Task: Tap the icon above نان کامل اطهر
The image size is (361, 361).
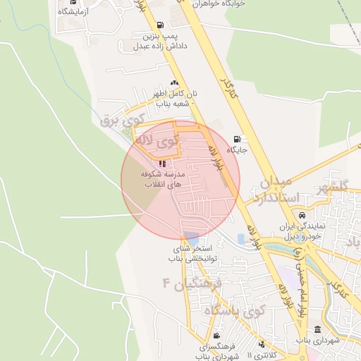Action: pyautogui.click(x=173, y=82)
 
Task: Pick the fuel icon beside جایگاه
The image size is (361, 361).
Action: pyautogui.click(x=236, y=139)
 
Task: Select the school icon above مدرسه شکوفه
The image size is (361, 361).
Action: pyautogui.click(x=163, y=164)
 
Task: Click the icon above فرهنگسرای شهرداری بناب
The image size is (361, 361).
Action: pyautogui.click(x=216, y=336)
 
